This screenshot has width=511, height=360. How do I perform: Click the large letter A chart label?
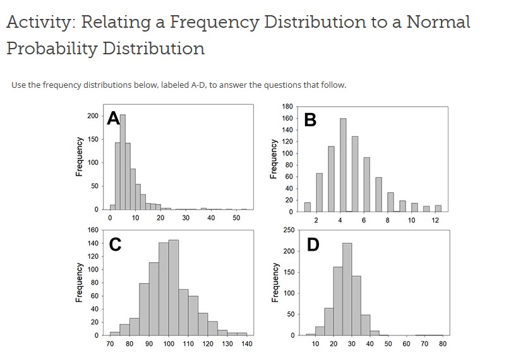(x=114, y=119)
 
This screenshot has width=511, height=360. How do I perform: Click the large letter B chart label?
(x=310, y=120)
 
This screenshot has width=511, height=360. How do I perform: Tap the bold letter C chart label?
(x=114, y=245)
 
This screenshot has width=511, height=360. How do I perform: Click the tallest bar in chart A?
(x=123, y=162)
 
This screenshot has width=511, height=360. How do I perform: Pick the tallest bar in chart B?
(x=343, y=165)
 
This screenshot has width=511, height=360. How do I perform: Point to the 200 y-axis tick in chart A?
(x=93, y=116)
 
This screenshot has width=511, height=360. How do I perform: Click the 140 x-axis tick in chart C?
(x=246, y=344)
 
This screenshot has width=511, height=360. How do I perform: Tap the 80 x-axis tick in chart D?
(x=443, y=344)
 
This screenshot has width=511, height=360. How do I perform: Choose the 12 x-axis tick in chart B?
(x=435, y=220)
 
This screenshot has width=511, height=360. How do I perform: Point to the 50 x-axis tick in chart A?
(x=236, y=218)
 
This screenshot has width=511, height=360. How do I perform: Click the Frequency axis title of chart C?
(x=78, y=282)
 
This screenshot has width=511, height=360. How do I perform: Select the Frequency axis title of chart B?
(x=274, y=159)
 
